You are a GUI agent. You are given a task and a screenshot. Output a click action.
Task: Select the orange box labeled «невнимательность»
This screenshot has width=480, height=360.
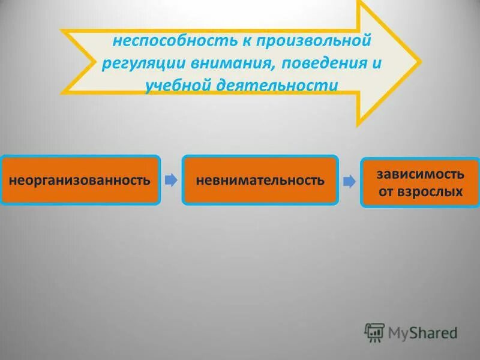[260, 180]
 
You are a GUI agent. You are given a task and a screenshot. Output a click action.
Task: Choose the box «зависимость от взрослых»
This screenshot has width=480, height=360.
[419, 183]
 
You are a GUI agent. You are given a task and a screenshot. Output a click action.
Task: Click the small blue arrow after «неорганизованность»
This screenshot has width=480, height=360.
[171, 180]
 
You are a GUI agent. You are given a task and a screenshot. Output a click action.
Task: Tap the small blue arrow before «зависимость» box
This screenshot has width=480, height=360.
[349, 182]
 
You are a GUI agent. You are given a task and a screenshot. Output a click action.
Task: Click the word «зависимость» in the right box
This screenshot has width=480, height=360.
[420, 175]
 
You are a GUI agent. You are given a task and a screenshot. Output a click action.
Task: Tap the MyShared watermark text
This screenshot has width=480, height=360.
[422, 332]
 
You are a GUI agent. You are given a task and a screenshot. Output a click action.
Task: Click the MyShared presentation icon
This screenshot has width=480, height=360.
[374, 332]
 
